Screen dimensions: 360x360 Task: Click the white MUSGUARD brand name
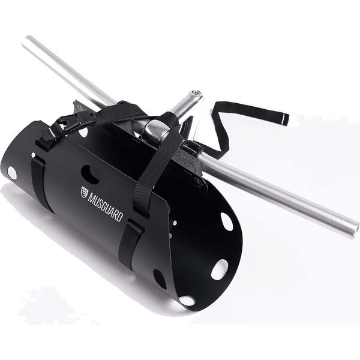pyautogui.click(x=106, y=207)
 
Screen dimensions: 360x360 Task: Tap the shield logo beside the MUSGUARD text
pyautogui.click(x=85, y=192)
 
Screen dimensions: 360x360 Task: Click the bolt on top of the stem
pyautogui.click(x=197, y=92)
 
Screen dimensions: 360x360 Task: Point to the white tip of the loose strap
pyautogui.click(x=286, y=119)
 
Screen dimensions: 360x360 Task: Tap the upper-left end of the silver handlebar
pyautogui.click(x=26, y=41)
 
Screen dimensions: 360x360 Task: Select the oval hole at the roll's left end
pyautogui.click(x=13, y=173)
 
